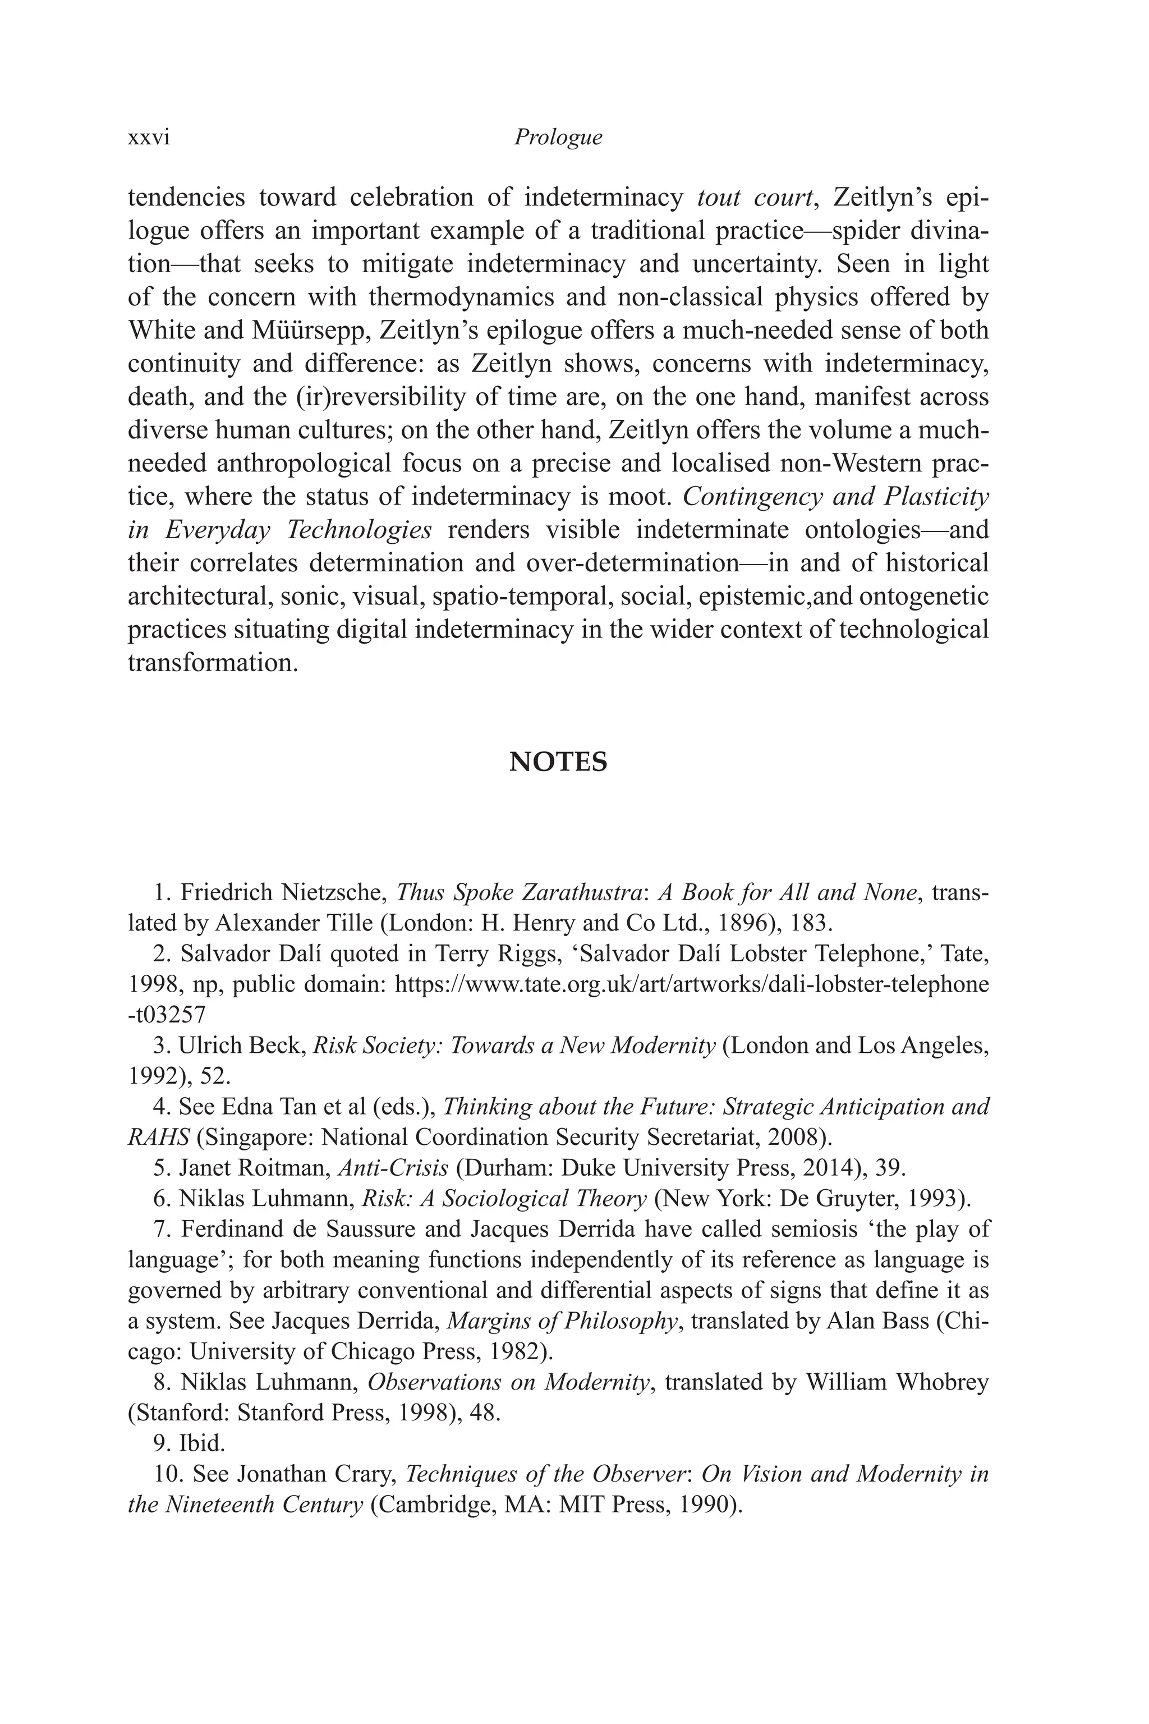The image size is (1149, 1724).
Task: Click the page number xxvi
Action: [x=149, y=138]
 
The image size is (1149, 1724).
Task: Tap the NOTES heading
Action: [x=558, y=762]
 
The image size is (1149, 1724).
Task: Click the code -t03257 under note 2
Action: [x=167, y=1015]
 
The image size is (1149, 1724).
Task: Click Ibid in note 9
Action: [x=201, y=1443]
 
